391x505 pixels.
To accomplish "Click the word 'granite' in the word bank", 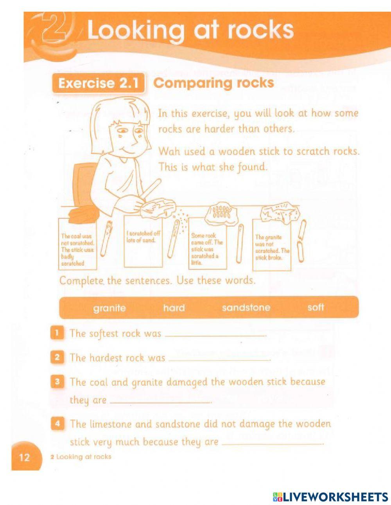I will point(109,308).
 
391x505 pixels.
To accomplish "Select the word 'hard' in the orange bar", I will point(174,308).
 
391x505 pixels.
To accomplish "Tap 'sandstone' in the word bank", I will point(246,308).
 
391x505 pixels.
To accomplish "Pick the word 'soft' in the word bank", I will point(316,307).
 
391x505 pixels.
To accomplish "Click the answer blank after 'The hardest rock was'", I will point(219,359).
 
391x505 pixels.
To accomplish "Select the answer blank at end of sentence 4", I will point(274,443).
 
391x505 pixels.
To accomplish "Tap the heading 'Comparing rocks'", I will point(214,83).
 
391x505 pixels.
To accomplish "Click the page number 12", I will point(24,457).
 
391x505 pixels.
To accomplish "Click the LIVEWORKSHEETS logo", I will point(330,497).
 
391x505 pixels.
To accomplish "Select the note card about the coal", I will point(77,244).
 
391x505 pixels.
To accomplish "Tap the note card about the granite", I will point(272,245).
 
